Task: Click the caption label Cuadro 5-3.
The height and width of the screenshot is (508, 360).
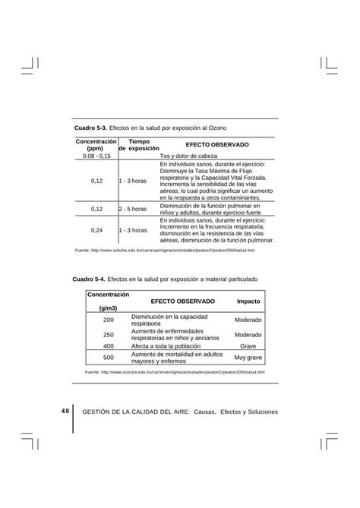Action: [x=90, y=126]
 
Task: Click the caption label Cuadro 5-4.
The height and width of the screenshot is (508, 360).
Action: [x=90, y=279]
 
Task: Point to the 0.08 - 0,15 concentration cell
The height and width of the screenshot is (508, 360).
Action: [x=96, y=155]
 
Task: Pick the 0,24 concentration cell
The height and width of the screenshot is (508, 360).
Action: [x=96, y=229]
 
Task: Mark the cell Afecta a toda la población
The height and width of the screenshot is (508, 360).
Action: [x=172, y=346]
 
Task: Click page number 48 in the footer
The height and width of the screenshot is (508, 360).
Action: [x=65, y=411]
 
